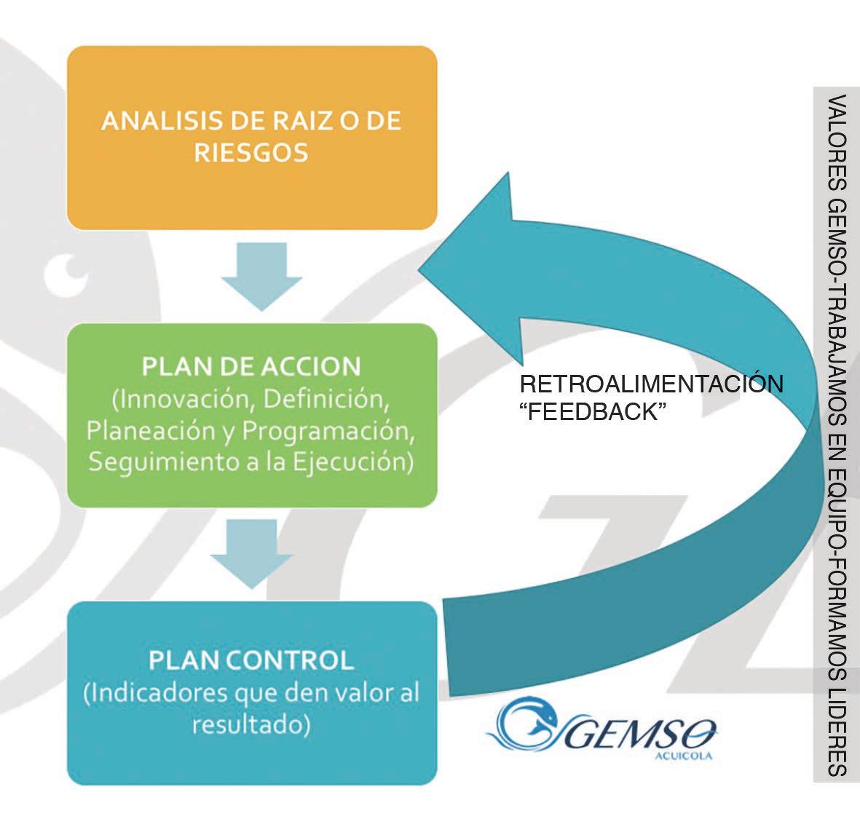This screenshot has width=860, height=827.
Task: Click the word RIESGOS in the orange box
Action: tap(251, 152)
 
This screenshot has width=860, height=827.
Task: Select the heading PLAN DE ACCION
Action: tap(251, 366)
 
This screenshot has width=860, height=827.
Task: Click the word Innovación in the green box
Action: tap(184, 399)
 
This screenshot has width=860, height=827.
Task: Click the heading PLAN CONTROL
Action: tap(251, 660)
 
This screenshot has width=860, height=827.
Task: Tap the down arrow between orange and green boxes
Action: tap(261, 277)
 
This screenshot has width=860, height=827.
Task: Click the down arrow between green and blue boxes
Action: tap(252, 554)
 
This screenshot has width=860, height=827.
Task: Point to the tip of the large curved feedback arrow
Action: tap(419, 268)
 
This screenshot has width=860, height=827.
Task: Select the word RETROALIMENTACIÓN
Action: tap(651, 384)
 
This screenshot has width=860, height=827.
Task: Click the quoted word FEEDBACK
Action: tap(592, 411)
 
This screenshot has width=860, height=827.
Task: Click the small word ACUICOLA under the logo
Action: tap(683, 756)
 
